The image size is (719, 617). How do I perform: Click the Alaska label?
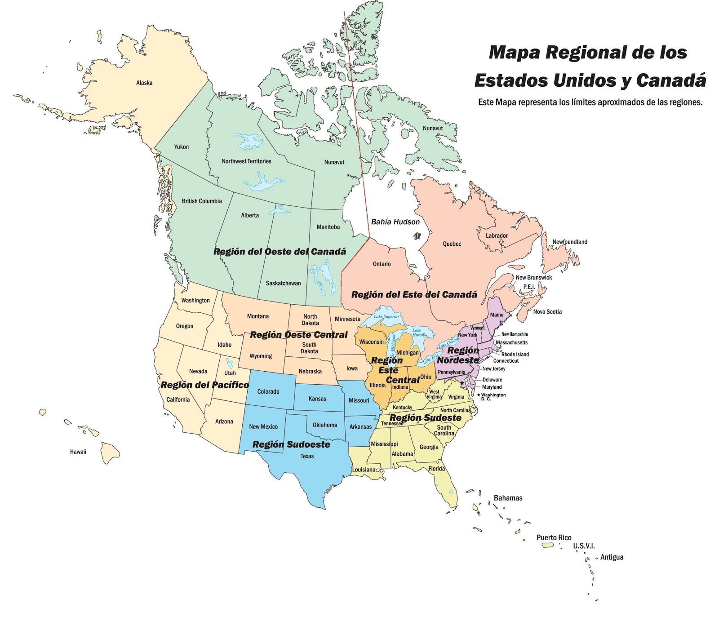pos(144,83)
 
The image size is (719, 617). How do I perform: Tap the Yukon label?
pos(182,147)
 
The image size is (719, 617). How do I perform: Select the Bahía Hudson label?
pos(395,222)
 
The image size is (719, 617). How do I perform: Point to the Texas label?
pos(307,457)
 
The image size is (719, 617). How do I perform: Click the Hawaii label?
pos(78,452)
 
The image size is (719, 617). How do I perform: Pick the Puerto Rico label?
pos(554,537)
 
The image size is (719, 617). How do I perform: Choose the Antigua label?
pos(612,557)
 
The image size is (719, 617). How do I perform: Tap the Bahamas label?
pos(508,498)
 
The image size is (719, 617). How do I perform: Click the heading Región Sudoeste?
pos(291,444)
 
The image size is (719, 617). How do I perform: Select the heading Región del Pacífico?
pos(204,385)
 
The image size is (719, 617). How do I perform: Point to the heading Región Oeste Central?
pos(298,335)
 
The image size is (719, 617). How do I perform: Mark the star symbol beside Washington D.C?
pos(462,383)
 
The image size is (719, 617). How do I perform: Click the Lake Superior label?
pos(386,316)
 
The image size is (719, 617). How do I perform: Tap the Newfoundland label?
pos(569,242)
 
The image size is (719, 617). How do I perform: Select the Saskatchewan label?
pos(283,283)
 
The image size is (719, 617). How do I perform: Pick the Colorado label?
pos(268,392)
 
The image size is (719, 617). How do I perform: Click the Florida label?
pos(436,469)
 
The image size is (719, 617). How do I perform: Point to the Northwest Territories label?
pos(246,161)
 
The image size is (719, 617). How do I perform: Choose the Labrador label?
pos(497,235)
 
